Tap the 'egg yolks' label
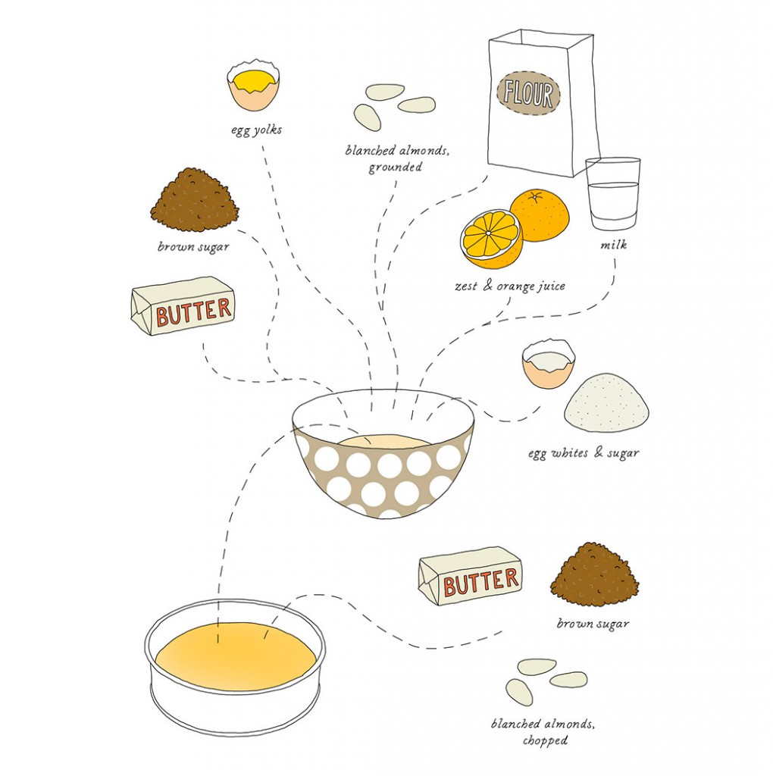256,130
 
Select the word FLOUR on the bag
529,95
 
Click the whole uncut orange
540,214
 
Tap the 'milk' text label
613,246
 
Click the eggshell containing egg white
548,365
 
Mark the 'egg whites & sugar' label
583,453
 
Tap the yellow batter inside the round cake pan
235,657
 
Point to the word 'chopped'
545,740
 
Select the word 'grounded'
395,167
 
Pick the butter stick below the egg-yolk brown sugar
183,306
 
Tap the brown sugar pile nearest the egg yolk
194,202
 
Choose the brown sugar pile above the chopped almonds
594,575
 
